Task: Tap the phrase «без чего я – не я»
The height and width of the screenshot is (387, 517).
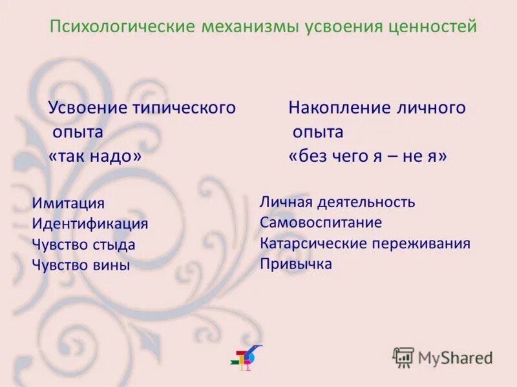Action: tap(367, 157)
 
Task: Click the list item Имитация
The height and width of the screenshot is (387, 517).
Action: tap(68, 203)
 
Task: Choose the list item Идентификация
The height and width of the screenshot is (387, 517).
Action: tap(90, 224)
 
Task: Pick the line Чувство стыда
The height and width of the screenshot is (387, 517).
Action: tap(83, 244)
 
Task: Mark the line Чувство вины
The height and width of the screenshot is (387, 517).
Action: tap(81, 265)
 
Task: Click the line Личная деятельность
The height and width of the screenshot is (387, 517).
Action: tap(337, 202)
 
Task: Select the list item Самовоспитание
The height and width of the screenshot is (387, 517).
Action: tap(321, 223)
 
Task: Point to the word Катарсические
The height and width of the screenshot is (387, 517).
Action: tap(313, 243)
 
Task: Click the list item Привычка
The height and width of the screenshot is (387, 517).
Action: tap(296, 264)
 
